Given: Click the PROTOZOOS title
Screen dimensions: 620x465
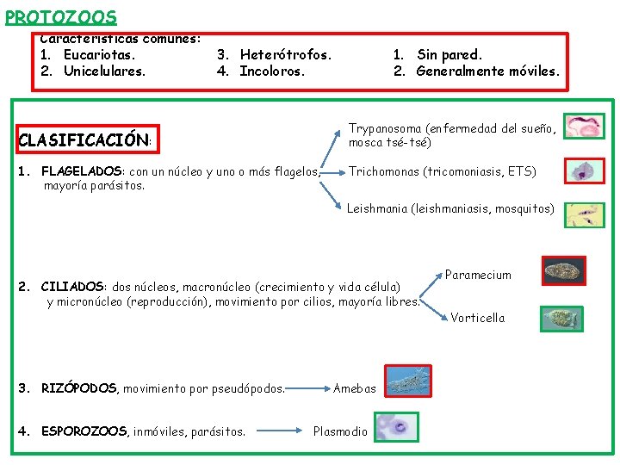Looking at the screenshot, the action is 60,16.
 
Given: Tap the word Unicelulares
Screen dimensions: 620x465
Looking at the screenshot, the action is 104,71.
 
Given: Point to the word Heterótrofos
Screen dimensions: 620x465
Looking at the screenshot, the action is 285,55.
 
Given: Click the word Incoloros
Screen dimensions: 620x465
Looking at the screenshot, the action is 272,71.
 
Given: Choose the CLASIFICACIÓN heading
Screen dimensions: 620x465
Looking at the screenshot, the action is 84,139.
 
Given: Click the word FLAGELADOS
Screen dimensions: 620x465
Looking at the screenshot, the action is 83,171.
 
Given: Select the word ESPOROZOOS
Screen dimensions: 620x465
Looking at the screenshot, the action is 83,431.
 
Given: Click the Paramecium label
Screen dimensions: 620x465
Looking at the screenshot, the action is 478,276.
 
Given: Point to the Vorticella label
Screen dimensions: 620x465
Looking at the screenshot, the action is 477,318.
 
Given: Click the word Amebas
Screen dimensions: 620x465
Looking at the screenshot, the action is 355,388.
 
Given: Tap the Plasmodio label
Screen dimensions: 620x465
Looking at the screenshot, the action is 340,431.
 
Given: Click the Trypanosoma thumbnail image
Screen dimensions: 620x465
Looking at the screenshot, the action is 585,127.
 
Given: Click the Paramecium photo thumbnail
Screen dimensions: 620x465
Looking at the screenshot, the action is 565,270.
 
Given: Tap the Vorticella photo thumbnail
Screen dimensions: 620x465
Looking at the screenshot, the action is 561,319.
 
